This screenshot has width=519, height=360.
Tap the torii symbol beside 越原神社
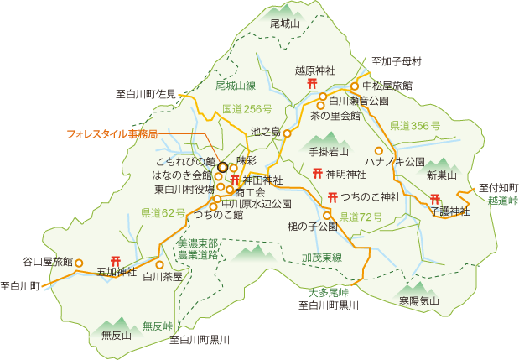point(312,85)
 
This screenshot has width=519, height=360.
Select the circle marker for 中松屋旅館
point(355,86)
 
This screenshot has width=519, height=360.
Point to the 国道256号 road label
point(247,109)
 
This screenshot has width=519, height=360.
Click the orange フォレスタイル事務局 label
point(112,133)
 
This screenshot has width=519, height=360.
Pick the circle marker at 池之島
point(287,133)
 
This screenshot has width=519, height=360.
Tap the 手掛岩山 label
point(328,152)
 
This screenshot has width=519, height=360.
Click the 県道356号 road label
point(414,125)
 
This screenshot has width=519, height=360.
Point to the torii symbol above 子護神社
point(435,199)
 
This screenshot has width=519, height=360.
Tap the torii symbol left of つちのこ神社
point(333,197)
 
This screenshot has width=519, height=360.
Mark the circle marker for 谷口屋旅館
point(80,262)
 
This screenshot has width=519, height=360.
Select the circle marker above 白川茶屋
point(159,264)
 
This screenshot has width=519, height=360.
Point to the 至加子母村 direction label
point(396,62)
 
